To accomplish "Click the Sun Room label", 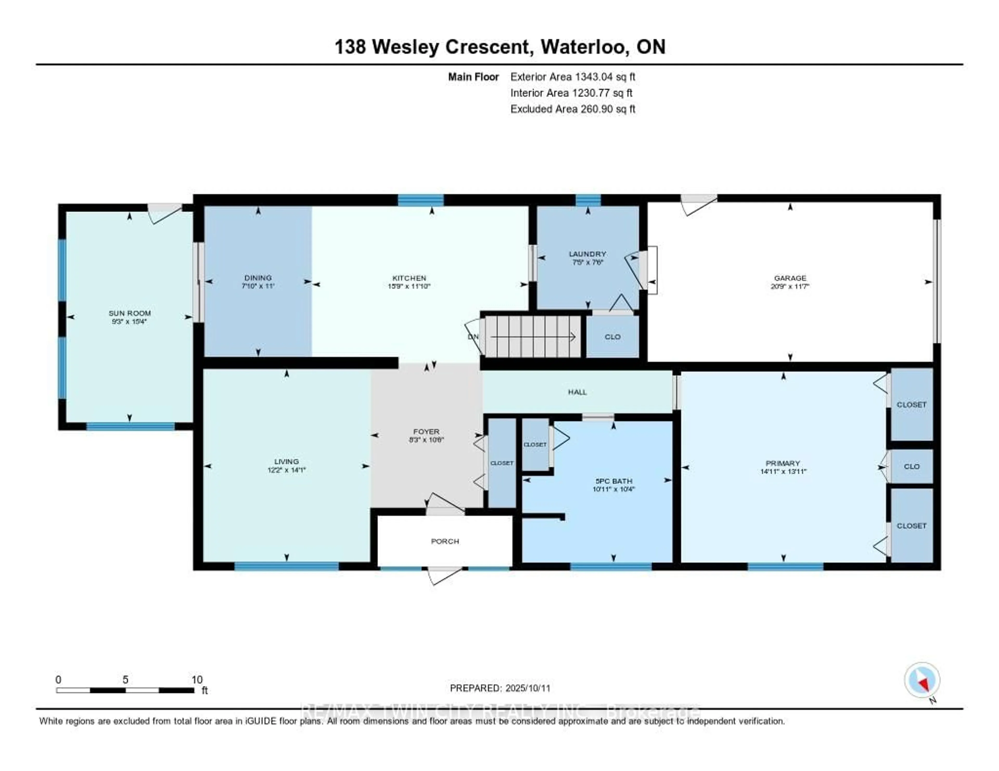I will click(x=130, y=313).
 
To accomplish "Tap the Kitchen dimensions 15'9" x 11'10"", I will click(x=409, y=286).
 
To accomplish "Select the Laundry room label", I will click(x=587, y=254).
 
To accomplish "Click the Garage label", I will click(x=790, y=278).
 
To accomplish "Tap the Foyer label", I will click(x=426, y=432).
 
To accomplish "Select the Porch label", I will click(x=445, y=541).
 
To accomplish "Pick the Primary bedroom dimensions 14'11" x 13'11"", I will click(x=783, y=471).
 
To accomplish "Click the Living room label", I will click(x=286, y=462).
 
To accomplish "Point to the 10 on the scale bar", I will click(x=197, y=679).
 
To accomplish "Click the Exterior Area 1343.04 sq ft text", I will click(x=573, y=77).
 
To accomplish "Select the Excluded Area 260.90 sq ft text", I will click(x=573, y=109).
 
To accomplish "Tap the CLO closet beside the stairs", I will click(x=612, y=337).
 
